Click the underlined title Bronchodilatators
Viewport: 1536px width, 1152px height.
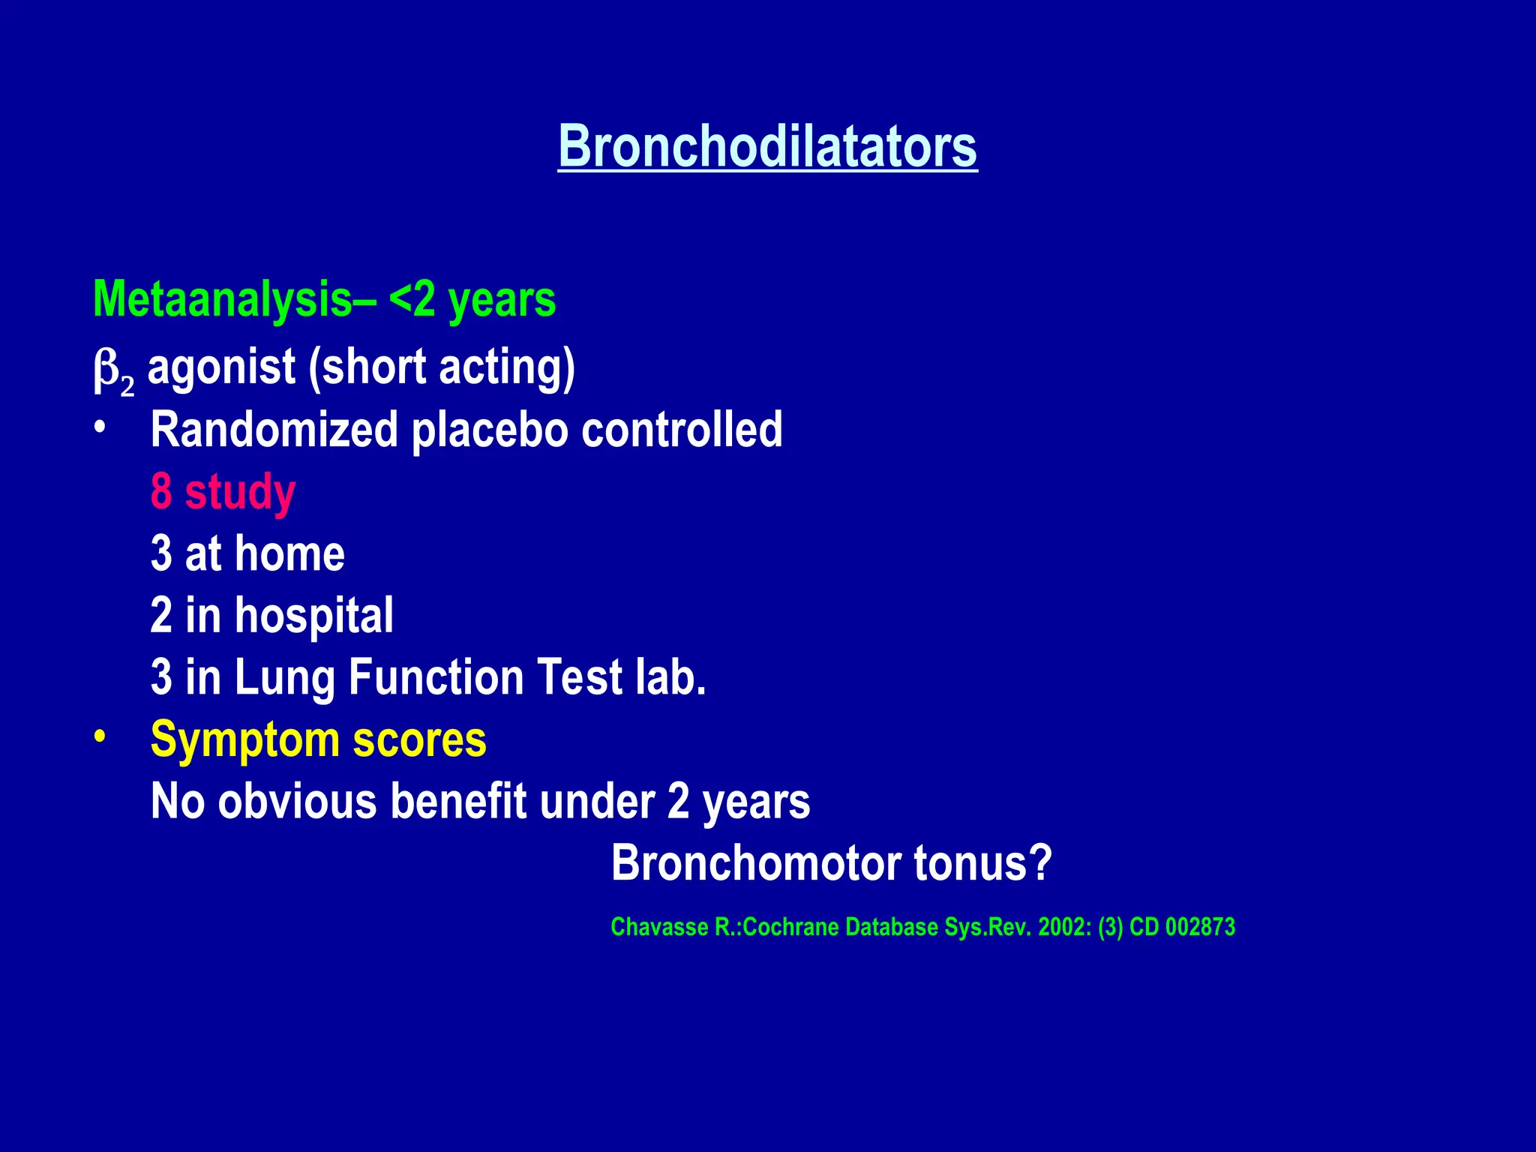[767, 146]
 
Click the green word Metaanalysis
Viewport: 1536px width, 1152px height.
[223, 300]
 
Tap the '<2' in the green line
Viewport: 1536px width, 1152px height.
[412, 300]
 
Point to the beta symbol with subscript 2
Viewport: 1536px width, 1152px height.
[112, 370]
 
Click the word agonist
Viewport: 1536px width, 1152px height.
[221, 367]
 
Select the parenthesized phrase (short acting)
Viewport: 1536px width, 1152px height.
[442, 367]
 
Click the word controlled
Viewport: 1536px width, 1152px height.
[682, 430]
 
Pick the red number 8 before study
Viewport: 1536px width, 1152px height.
[161, 492]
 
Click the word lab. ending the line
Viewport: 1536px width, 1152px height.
[670, 677]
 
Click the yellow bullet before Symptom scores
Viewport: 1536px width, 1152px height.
[100, 738]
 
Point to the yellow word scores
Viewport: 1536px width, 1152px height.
[419, 740]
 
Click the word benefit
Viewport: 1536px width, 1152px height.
[458, 802]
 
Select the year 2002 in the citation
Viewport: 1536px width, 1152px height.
[1063, 928]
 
